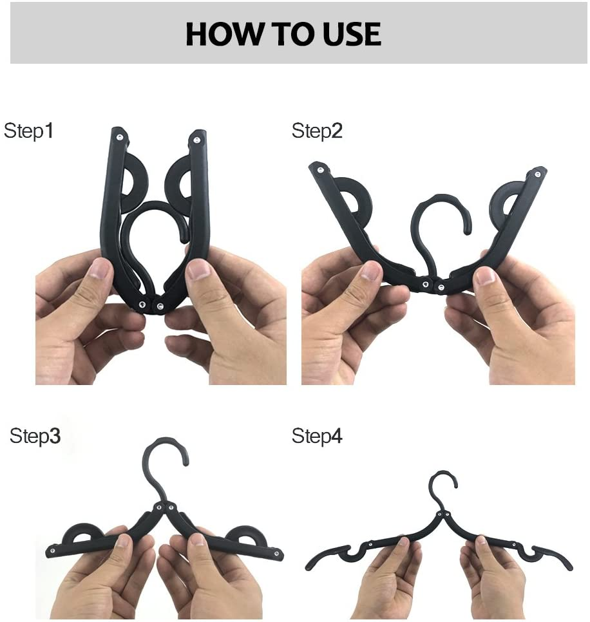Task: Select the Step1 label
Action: [29, 131]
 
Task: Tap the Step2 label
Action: [317, 131]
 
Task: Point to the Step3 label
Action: [35, 436]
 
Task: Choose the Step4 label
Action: [317, 436]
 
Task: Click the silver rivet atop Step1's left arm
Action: [120, 136]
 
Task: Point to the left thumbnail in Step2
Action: [371, 270]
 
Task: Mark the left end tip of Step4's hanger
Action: [308, 565]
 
